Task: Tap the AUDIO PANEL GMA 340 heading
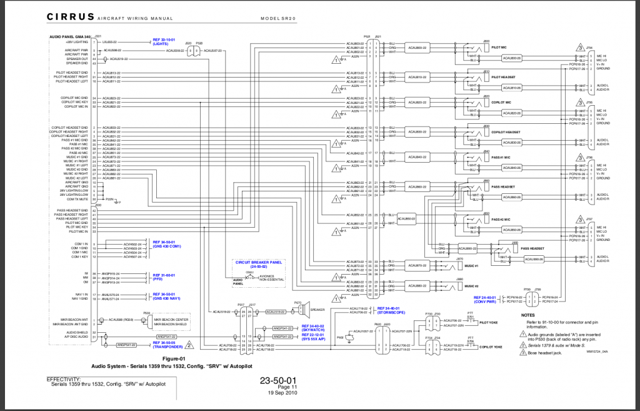[x=71, y=37]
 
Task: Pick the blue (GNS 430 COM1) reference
[x=167, y=246]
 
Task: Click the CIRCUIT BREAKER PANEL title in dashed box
[x=259, y=261]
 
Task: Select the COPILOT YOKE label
[x=489, y=346]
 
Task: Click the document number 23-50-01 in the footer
[x=279, y=380]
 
